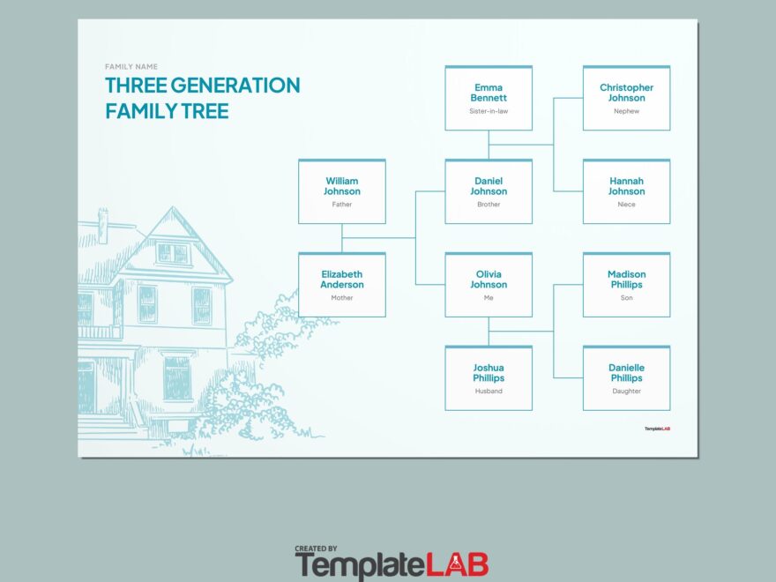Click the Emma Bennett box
(x=489, y=98)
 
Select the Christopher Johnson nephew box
(x=626, y=98)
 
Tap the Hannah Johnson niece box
(x=626, y=191)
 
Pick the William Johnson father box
(x=342, y=191)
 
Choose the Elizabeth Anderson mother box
(x=342, y=285)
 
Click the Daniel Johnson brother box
(x=489, y=191)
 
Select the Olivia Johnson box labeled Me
(x=489, y=285)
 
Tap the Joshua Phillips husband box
(x=489, y=378)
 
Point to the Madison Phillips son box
(x=626, y=285)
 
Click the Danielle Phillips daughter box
(x=626, y=378)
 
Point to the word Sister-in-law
(x=489, y=111)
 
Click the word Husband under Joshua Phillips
(x=489, y=391)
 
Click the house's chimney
(x=102, y=225)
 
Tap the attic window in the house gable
(x=173, y=253)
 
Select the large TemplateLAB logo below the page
(x=392, y=564)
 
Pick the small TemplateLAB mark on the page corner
(x=657, y=429)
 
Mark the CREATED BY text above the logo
(x=317, y=548)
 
